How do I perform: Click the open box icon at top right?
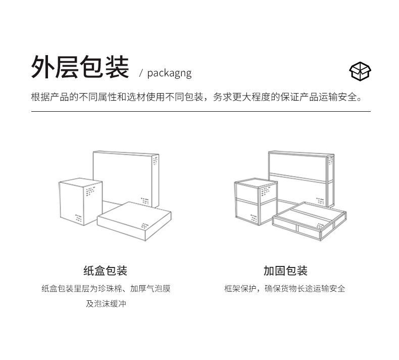(x=360, y=71)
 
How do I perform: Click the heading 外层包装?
(x=80, y=67)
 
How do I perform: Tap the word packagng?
(x=169, y=73)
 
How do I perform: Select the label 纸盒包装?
(x=105, y=271)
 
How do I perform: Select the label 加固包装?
(x=285, y=271)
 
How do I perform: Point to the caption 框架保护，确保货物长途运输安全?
(x=285, y=289)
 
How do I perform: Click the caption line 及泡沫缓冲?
(x=106, y=304)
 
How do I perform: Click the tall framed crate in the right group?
(x=301, y=174)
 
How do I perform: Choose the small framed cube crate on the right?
(x=255, y=202)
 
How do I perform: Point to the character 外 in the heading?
(x=43, y=67)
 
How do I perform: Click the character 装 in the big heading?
(x=117, y=67)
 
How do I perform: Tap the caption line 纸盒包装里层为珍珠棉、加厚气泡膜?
(x=106, y=289)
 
